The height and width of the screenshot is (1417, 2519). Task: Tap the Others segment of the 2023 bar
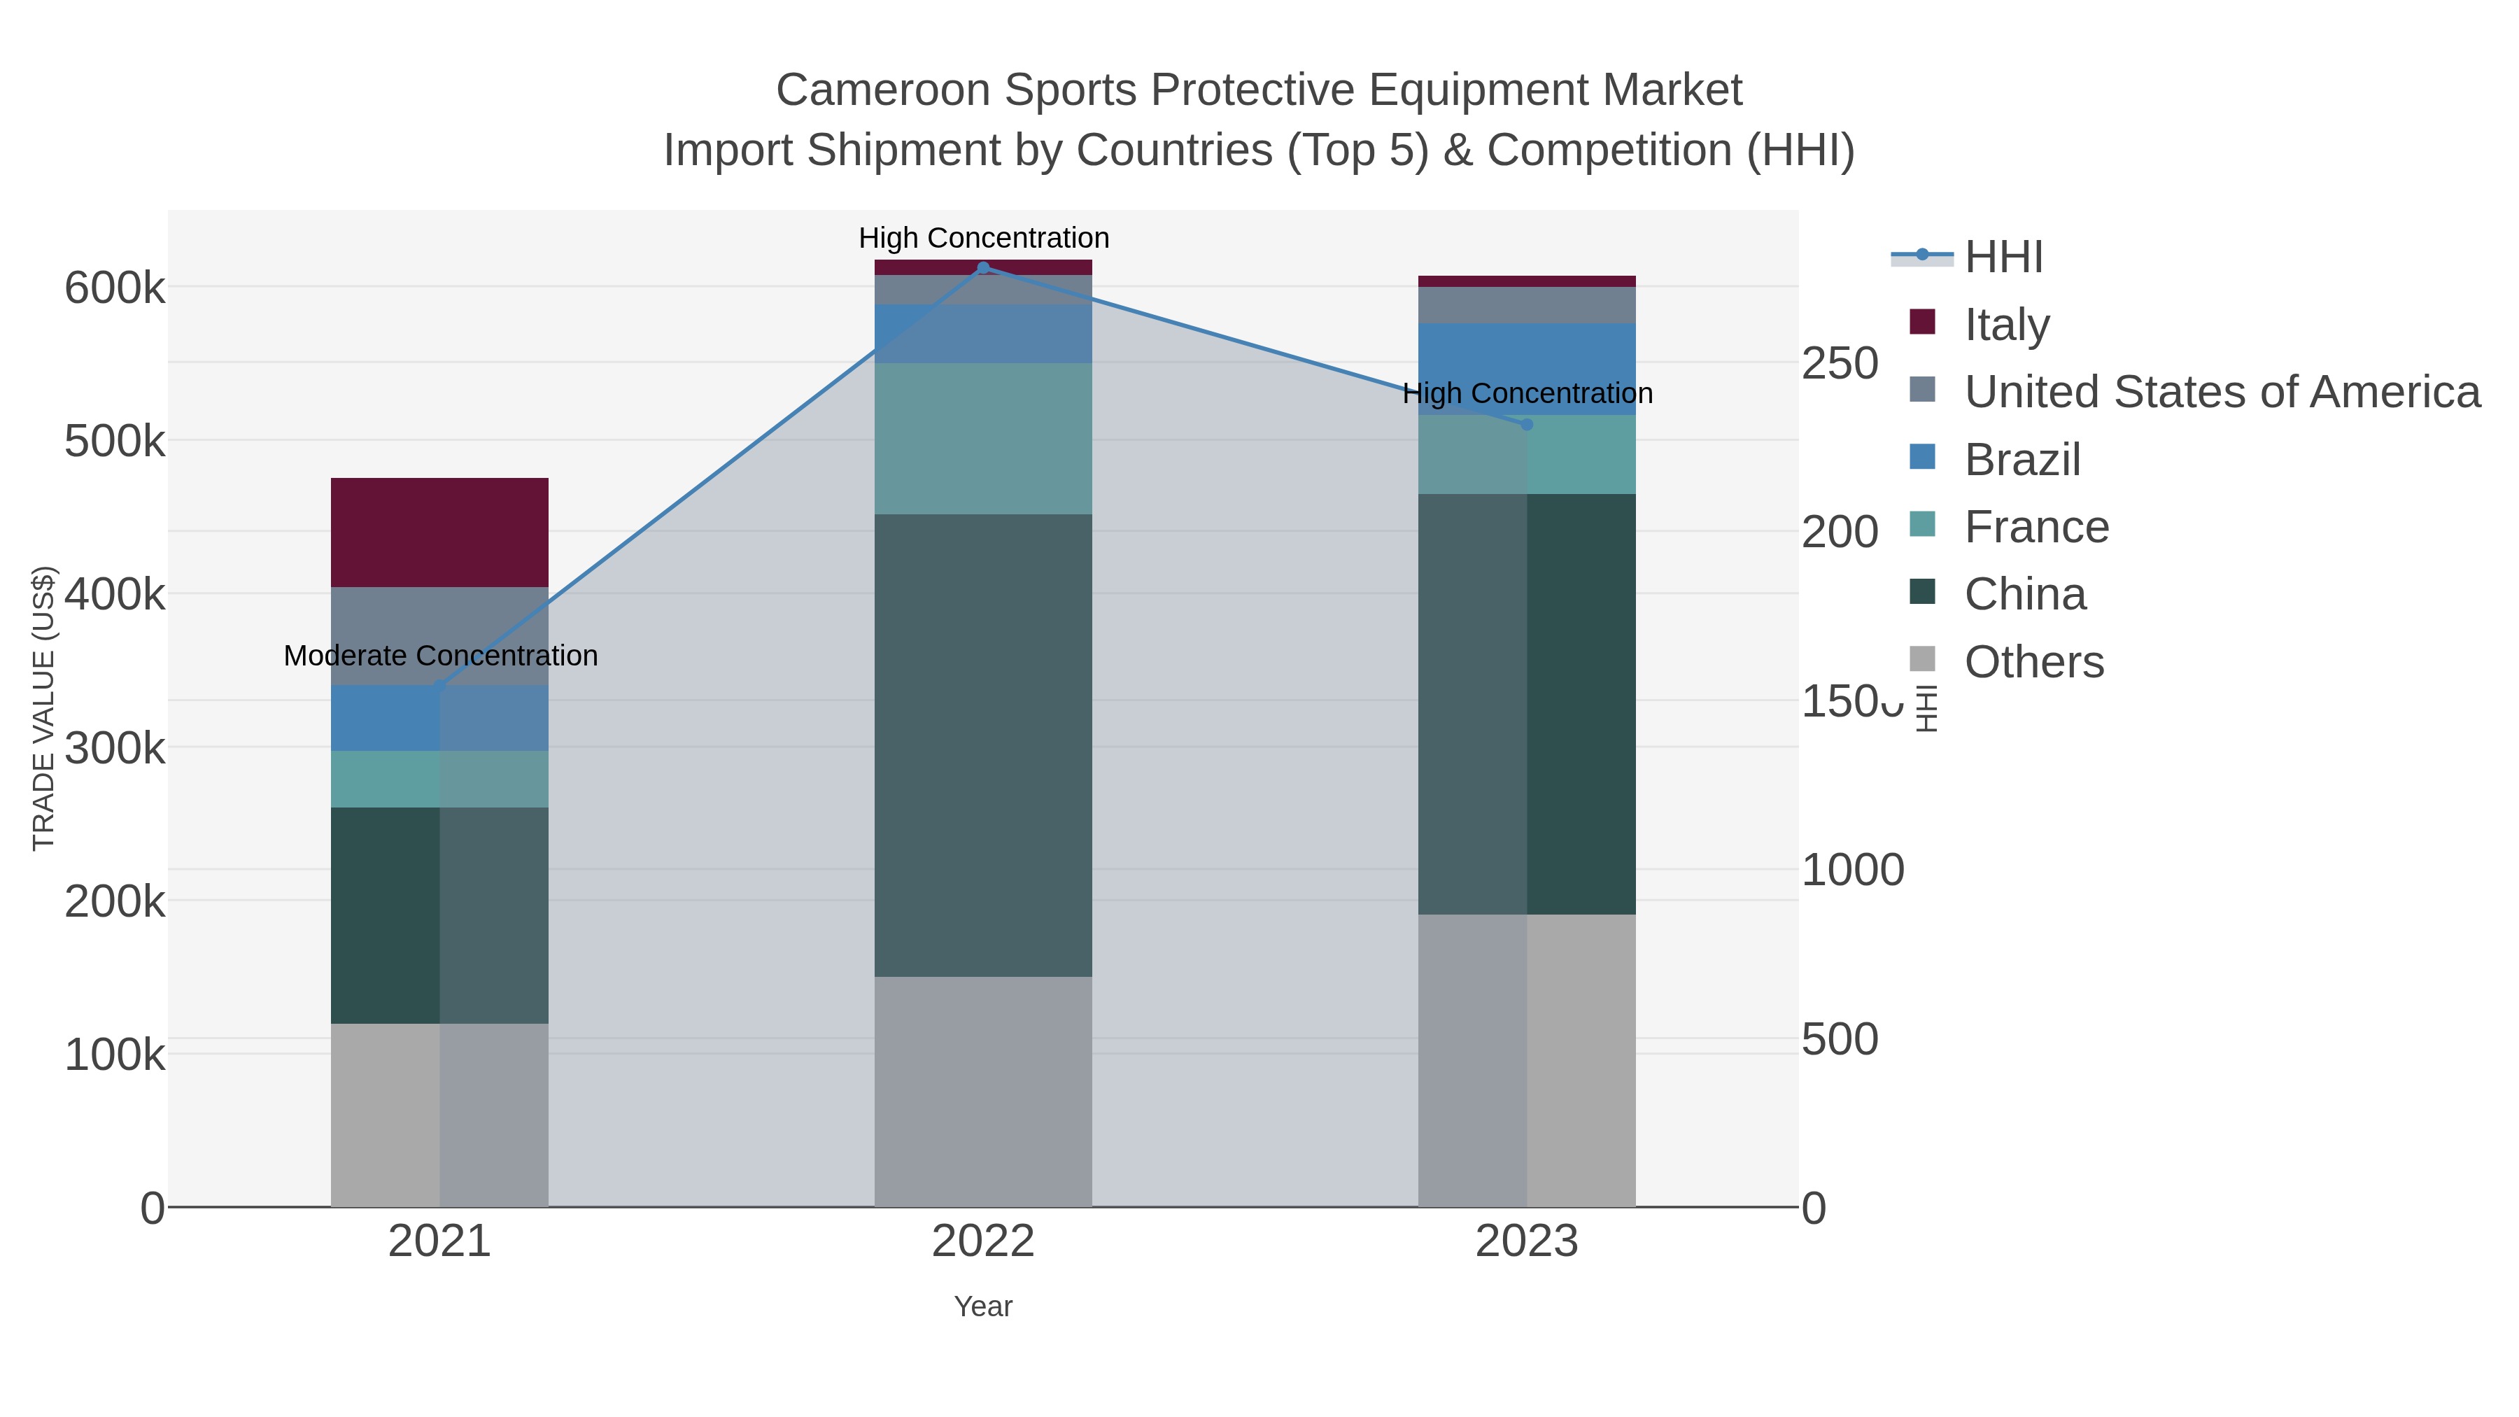(x=1527, y=1060)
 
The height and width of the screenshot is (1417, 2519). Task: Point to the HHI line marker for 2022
(x=984, y=267)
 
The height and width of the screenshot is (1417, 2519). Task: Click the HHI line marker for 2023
(x=1527, y=425)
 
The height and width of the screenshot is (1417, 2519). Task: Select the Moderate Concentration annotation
(x=440, y=655)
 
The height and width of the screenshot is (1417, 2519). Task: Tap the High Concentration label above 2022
(x=984, y=238)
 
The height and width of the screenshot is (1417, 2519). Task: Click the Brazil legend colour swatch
(x=1921, y=457)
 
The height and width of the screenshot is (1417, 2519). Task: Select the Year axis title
(x=983, y=1306)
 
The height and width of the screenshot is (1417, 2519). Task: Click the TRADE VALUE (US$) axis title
(x=44, y=708)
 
